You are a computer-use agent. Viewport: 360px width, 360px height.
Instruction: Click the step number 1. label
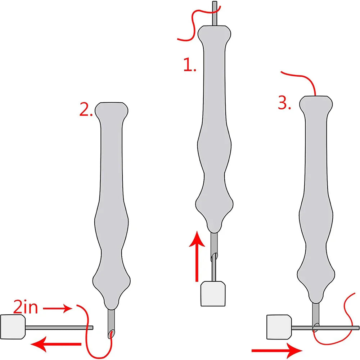[190, 64]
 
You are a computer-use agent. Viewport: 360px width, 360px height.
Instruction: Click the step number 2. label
[86, 109]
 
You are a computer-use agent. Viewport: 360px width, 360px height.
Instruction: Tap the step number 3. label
[284, 103]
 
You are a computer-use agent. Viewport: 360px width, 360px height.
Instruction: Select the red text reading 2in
[25, 307]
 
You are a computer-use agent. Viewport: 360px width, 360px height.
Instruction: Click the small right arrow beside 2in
[58, 309]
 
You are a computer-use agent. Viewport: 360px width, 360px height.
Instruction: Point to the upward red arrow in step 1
[197, 256]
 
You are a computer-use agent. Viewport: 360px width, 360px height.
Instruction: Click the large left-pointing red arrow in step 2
[56, 344]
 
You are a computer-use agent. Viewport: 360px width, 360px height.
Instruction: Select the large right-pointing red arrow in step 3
[277, 350]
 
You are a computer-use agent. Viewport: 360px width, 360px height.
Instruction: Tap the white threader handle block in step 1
[213, 294]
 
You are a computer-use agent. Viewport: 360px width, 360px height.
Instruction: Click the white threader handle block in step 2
[13, 327]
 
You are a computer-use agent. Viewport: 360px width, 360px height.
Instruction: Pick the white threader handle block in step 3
[279, 327]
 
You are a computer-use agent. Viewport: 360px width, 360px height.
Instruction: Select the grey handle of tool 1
[214, 129]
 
